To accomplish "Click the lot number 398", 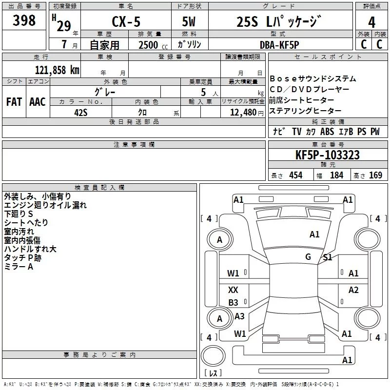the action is [24, 20].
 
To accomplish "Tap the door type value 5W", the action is [189, 22].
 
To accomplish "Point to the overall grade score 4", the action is [372, 22].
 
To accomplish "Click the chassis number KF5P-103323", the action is [328, 155].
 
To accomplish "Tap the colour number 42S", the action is [81, 112].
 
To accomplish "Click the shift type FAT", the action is [14, 101].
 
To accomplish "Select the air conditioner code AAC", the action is [38, 101].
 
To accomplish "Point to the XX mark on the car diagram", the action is [234, 290].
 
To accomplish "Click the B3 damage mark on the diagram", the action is [234, 303].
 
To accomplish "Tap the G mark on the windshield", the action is [308, 257].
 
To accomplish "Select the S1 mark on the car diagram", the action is [328, 257].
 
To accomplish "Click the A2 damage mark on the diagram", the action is [353, 290].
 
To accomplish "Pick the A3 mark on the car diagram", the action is [239, 316].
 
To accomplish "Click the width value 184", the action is [336, 175].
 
